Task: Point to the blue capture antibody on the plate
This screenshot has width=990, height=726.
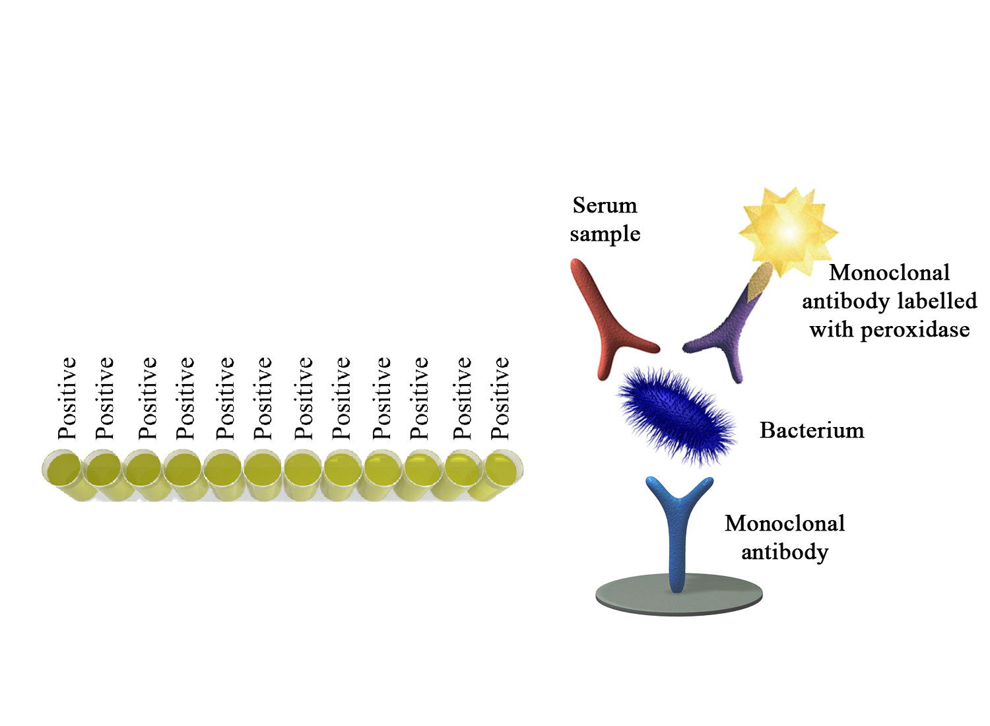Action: click(678, 530)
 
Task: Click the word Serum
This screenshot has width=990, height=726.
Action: click(605, 205)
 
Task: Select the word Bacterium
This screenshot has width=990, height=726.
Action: click(812, 430)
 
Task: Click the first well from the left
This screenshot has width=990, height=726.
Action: click(63, 469)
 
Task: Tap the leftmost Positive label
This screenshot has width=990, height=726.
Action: click(67, 398)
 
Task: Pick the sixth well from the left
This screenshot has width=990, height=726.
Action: click(263, 469)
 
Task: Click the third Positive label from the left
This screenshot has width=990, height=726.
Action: click(148, 398)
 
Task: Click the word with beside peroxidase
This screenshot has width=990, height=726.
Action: click(831, 329)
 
